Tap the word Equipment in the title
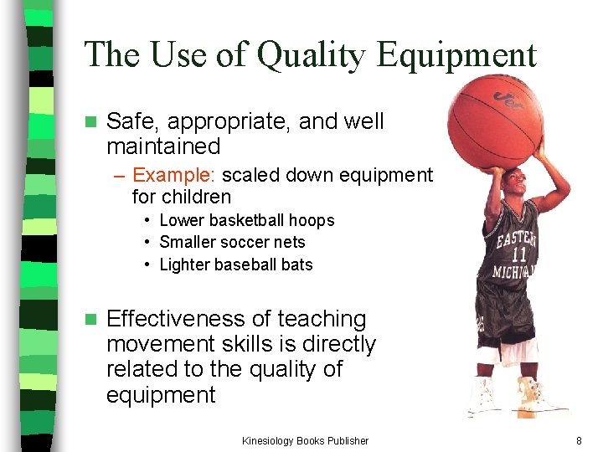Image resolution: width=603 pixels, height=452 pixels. (456, 56)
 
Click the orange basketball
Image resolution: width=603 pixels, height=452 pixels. (495, 122)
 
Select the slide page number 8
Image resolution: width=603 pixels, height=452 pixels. (579, 440)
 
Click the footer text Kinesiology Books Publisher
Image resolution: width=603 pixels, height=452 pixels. (305, 440)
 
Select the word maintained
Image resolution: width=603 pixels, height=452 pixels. (163, 146)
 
